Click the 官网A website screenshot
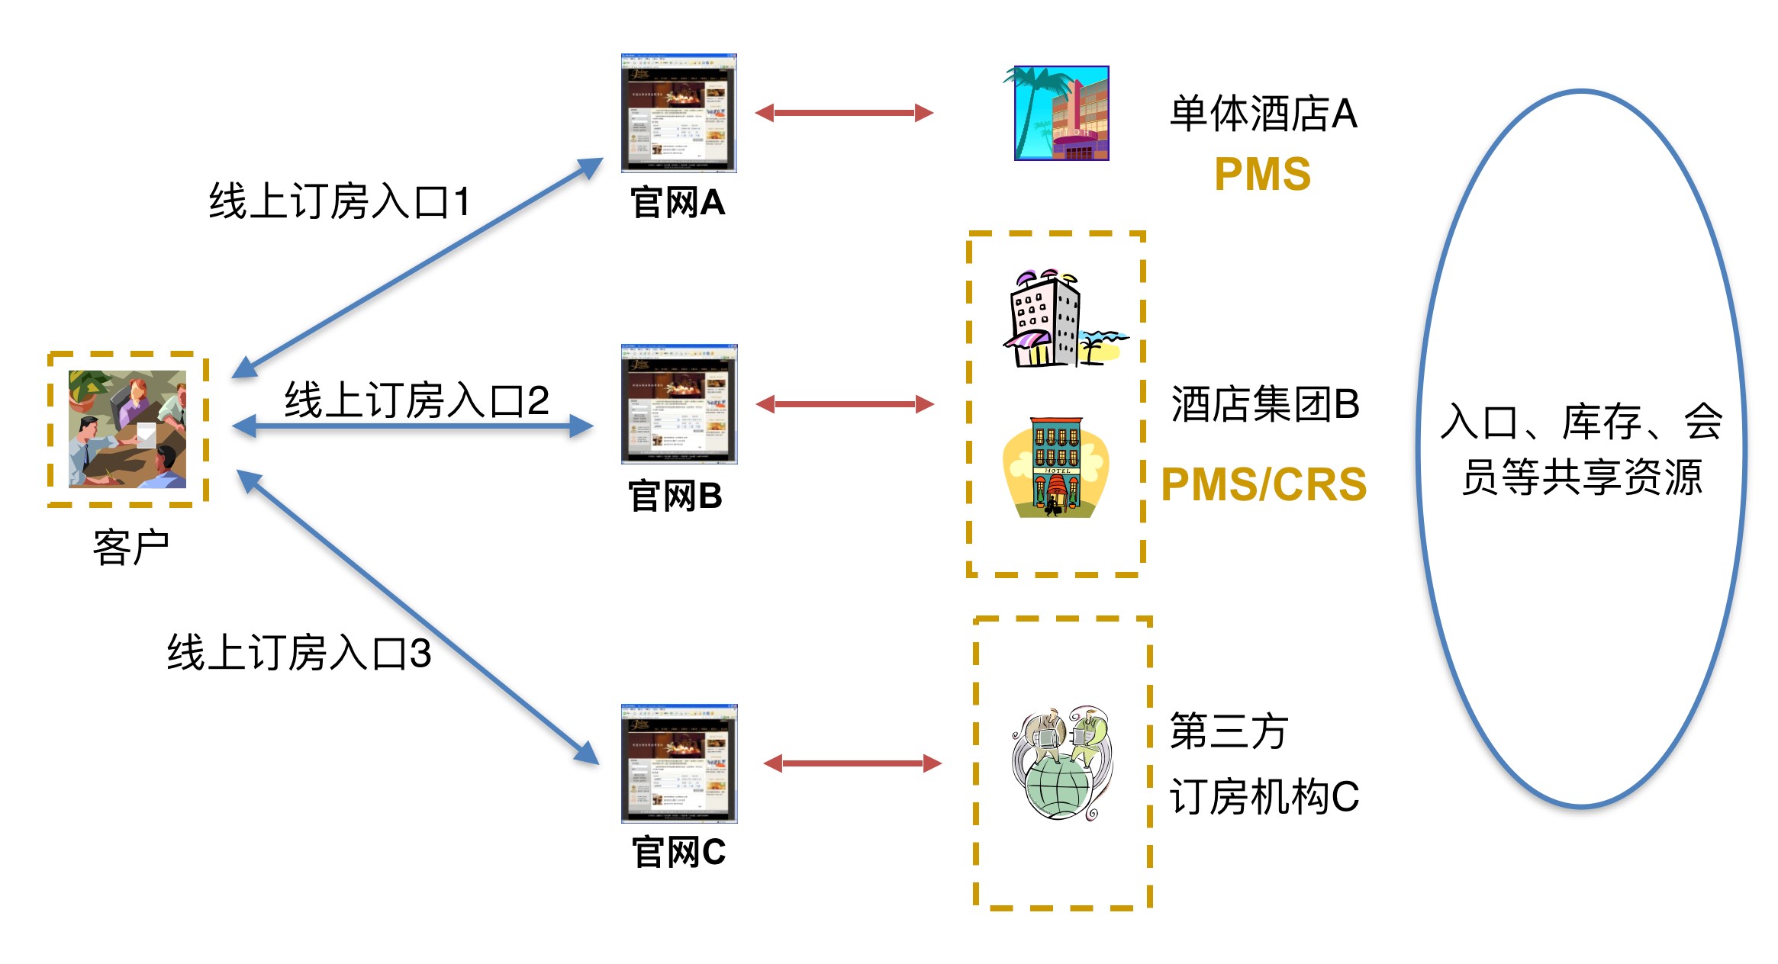tap(678, 113)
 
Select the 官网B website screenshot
tap(678, 404)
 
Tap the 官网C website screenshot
tap(678, 763)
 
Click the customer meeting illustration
tap(127, 429)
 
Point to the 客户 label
tap(130, 548)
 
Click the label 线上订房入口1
tap(340, 202)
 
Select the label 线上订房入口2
tap(417, 400)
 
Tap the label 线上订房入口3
tap(299, 654)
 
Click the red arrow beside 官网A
tap(844, 113)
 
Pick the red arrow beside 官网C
tap(852, 763)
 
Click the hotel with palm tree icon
tap(1060, 113)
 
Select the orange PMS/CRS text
tap(1264, 484)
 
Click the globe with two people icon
tap(1061, 763)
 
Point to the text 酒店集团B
tap(1265, 404)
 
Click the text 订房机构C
tap(1264, 797)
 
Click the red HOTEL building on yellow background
tap(1055, 468)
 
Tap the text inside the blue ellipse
tap(1581, 449)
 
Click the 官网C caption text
tap(678, 852)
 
